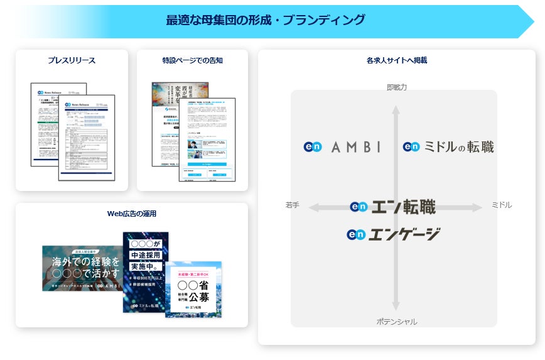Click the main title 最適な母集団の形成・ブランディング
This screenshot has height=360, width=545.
265,20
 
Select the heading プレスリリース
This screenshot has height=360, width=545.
72,61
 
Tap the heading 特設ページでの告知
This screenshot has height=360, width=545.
192,61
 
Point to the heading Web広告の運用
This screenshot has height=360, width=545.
131,214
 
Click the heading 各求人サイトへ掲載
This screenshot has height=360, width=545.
396,61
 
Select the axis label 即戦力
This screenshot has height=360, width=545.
396,87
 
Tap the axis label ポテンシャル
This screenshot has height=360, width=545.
396,322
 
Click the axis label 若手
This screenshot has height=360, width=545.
292,205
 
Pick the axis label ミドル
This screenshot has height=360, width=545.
501,205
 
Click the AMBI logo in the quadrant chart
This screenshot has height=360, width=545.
342,146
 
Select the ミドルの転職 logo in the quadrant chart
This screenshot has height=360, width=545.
448,146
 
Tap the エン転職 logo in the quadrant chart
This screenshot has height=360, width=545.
392,206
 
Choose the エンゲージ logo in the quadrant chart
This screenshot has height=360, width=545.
393,234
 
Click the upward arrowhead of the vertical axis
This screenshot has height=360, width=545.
396,109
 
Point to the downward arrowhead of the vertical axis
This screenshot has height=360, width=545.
396,306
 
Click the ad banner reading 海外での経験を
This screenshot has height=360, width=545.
82,268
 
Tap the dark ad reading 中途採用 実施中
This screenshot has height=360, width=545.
145,272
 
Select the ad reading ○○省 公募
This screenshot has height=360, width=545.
194,290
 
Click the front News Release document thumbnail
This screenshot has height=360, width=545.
87,138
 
